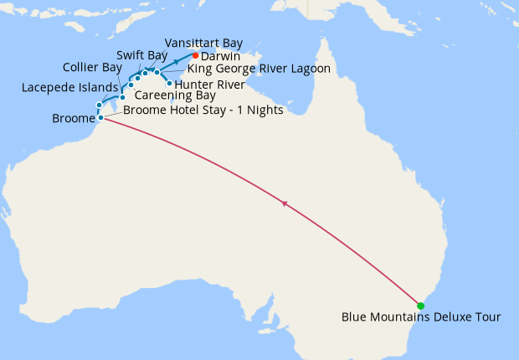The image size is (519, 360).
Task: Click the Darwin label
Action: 221,56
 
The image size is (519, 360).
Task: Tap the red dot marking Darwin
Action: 196,56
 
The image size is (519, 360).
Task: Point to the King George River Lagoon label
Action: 259,69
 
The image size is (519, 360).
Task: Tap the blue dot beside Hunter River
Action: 170,83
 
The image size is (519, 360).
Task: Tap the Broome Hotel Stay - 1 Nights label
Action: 203,110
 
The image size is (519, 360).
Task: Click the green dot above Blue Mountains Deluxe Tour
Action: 422,306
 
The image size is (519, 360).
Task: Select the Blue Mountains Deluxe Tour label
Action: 421,317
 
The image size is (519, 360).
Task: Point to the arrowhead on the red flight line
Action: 285,203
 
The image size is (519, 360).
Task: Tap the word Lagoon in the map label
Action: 308,69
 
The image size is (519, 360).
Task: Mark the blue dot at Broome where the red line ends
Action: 100,117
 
